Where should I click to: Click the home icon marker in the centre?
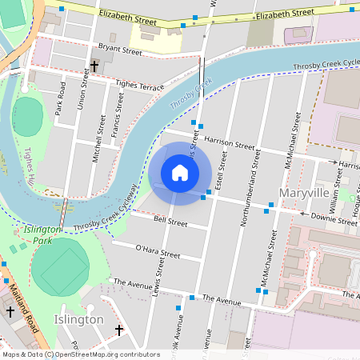[180, 173]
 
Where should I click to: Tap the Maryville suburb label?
[304, 193]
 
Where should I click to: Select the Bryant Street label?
[118, 50]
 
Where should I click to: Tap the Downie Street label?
[334, 216]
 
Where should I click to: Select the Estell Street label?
[223, 169]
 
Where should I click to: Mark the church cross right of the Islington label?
[119, 330]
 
